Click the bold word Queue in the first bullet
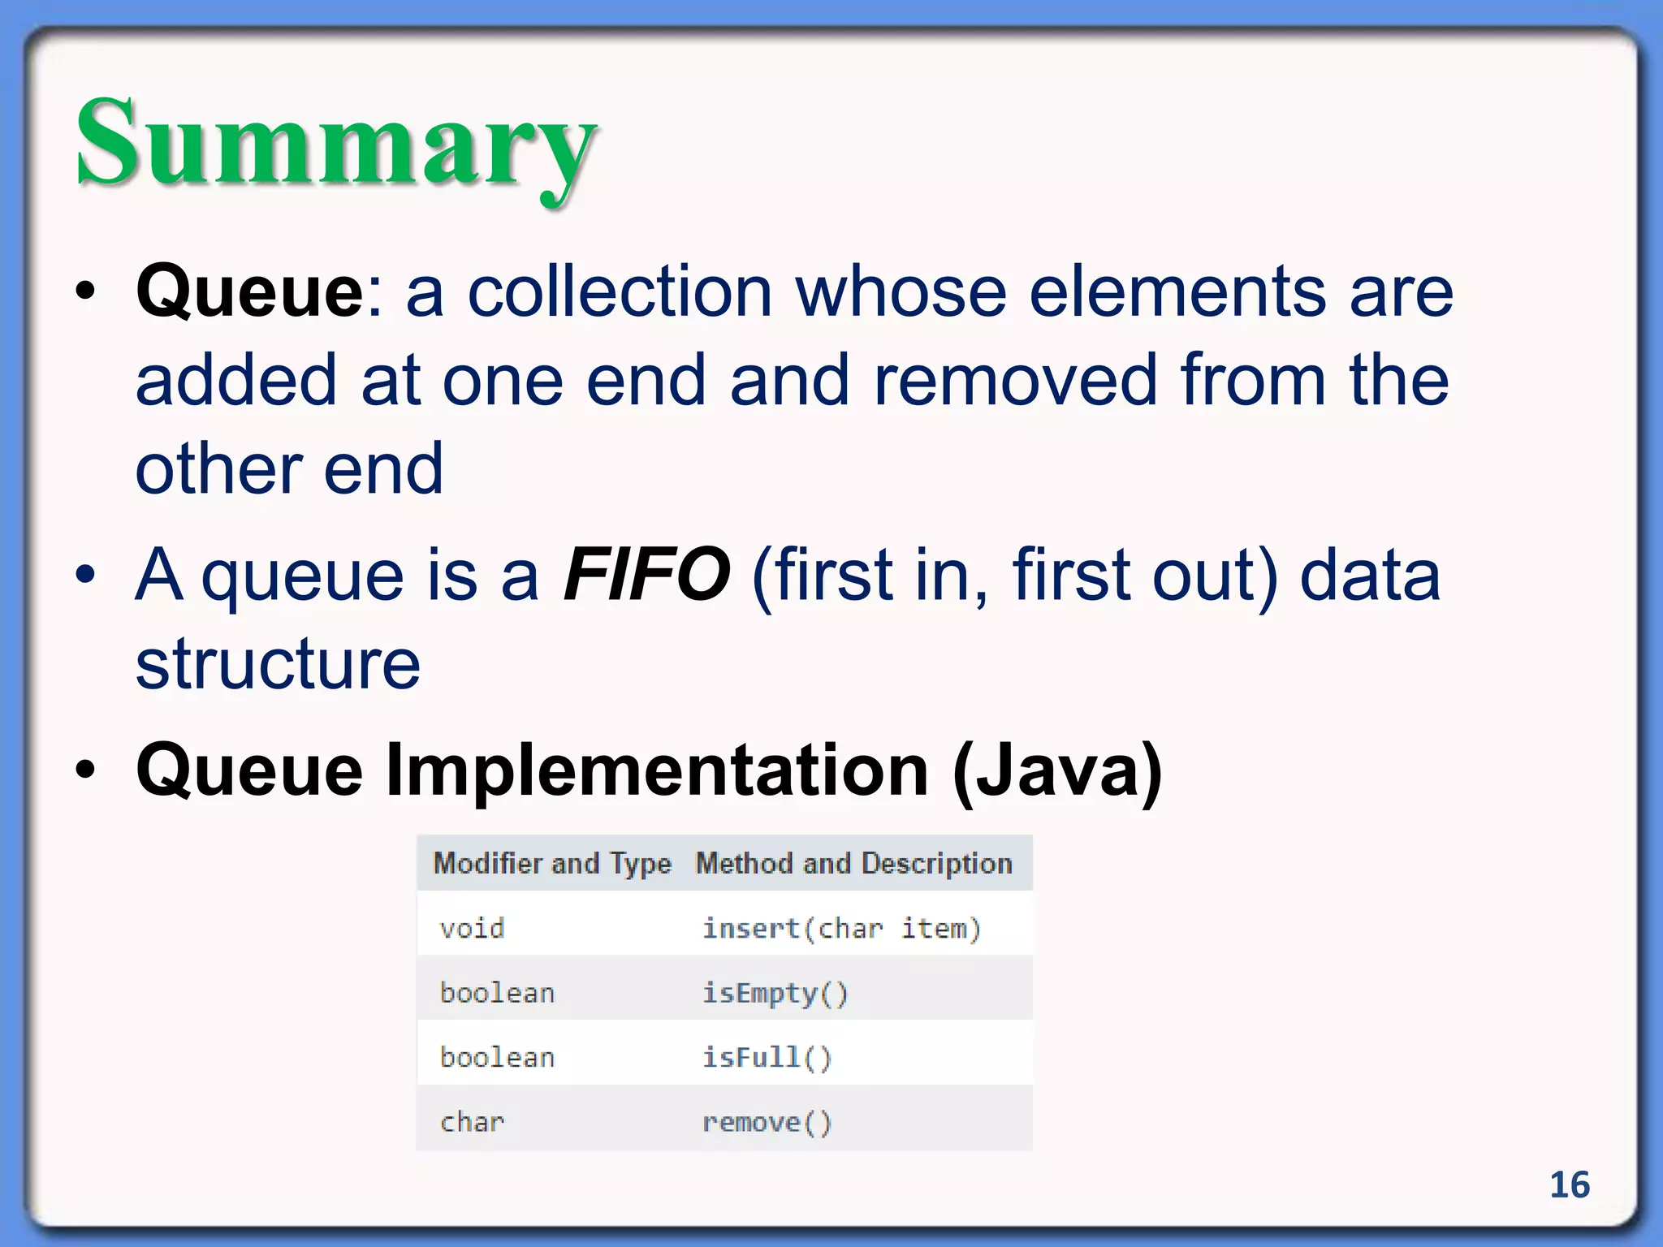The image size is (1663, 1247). (x=250, y=292)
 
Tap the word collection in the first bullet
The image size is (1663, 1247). (x=620, y=292)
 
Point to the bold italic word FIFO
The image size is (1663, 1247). (x=646, y=575)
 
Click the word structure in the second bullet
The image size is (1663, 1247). (x=278, y=664)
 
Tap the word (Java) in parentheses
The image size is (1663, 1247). (x=1057, y=771)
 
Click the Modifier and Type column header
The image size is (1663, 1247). (x=552, y=863)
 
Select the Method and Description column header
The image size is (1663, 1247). (x=854, y=863)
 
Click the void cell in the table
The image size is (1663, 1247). (x=472, y=928)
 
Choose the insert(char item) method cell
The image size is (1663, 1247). (x=841, y=928)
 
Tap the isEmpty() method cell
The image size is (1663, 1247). (x=775, y=993)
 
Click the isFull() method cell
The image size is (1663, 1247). (x=767, y=1057)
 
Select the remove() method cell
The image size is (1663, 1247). (x=767, y=1122)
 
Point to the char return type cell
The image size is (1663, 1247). (x=472, y=1122)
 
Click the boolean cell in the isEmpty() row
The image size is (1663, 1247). (x=497, y=993)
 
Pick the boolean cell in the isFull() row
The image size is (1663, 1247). (x=497, y=1057)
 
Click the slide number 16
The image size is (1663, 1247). (x=1569, y=1185)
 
